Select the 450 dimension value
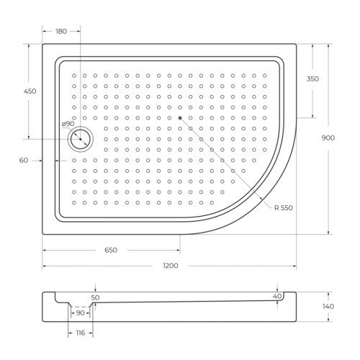pyautogui.click(x=30, y=91)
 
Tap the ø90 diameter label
pyautogui.click(x=68, y=124)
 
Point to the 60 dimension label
pyautogui.click(x=24, y=161)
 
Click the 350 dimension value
pyautogui.click(x=312, y=78)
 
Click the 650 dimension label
pyautogui.click(x=111, y=250)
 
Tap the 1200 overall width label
pyautogui.click(x=170, y=266)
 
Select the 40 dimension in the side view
pyautogui.click(x=276, y=296)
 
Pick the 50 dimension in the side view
pyautogui.click(x=96, y=297)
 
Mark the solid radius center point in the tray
pyautogui.click(x=180, y=117)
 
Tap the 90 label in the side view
pyautogui.click(x=81, y=312)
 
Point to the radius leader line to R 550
pyautogui.click(x=227, y=162)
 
